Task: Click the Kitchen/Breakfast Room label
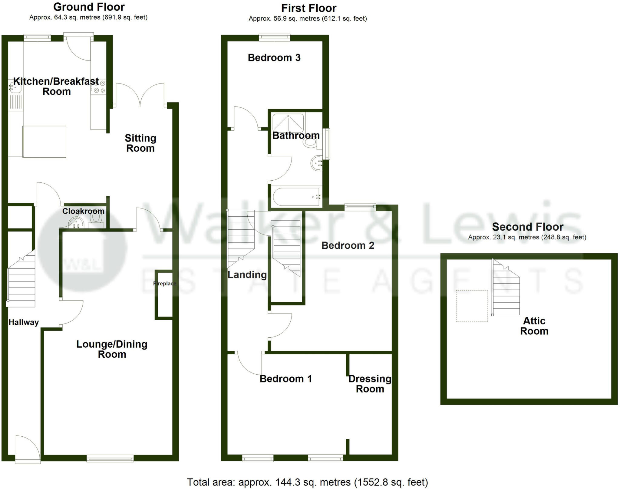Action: click(56, 86)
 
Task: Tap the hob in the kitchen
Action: click(99, 87)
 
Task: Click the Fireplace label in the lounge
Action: click(165, 284)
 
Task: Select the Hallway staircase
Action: click(21, 280)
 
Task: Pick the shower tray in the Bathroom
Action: click(288, 123)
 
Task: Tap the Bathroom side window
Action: click(326, 144)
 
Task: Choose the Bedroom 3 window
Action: click(274, 38)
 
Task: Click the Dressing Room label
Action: click(370, 384)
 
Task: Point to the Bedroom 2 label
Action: click(348, 245)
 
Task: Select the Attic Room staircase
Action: click(506, 290)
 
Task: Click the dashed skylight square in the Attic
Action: click(472, 306)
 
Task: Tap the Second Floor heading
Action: click(527, 227)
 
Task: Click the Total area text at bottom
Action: click(307, 482)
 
